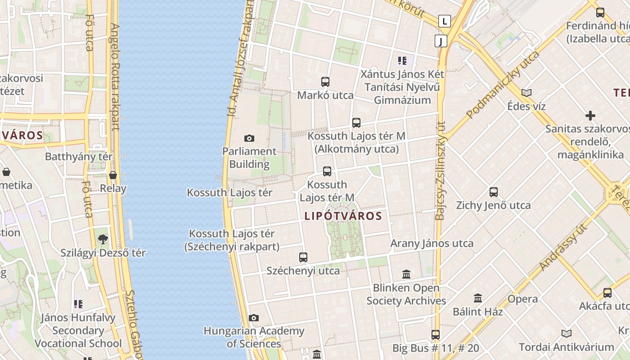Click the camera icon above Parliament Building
pos(249,138)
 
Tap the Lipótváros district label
pos(343,216)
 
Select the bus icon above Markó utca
pos(325,82)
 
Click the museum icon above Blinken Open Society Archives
pos(406,274)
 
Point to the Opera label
pos(522,299)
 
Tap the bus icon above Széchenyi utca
pos(303,257)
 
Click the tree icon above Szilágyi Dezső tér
pos(103,239)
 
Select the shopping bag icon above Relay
pos(113,175)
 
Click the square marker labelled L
pos(445,21)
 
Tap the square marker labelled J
pos(441,41)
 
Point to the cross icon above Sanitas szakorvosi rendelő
pos(590,116)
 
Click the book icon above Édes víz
pos(526,93)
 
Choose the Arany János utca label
pos(432,243)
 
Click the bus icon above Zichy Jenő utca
pos(494,192)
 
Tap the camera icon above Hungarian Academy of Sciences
pos(254,318)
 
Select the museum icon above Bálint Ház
pos(478,298)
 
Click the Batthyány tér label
pos(79,157)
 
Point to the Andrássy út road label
pos(558,248)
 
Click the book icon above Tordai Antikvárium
pos(567,333)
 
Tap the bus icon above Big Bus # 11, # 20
pos(435,335)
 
